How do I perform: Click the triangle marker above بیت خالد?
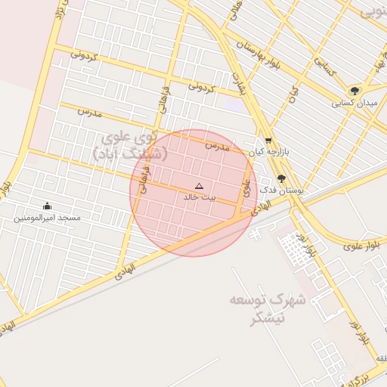click(x=199, y=185)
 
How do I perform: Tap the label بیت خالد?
click(x=200, y=197)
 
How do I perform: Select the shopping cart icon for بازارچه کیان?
click(x=268, y=141)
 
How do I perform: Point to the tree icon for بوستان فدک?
click(x=281, y=179)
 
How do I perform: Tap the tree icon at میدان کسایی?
click(x=354, y=91)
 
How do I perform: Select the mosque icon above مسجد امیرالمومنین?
click(x=47, y=206)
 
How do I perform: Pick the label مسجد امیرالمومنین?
click(x=47, y=218)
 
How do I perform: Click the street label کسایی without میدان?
click(x=324, y=70)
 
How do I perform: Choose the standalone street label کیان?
click(x=293, y=94)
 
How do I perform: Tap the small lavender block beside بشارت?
click(x=236, y=104)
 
